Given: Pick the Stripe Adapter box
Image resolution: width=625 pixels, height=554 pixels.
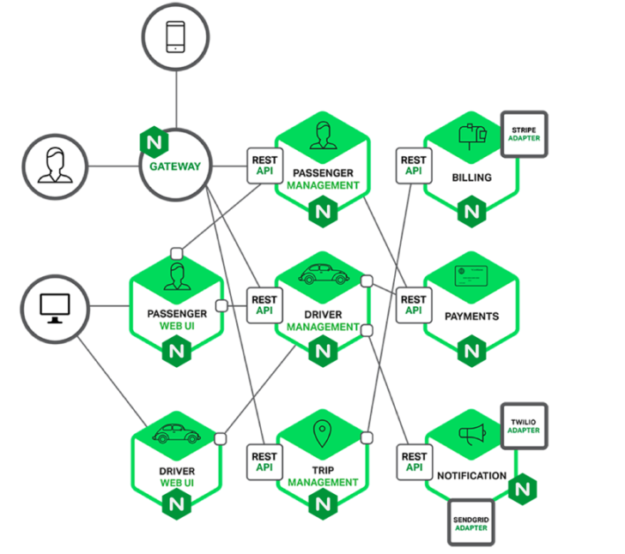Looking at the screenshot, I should click(523, 134).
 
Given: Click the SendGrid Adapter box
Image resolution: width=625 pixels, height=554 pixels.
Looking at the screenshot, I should click(471, 522).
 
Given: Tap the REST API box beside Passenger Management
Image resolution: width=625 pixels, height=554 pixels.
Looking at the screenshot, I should click(264, 165).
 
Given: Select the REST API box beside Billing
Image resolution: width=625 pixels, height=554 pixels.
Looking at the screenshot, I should click(413, 165).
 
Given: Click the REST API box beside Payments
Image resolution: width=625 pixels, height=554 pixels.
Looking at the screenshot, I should click(413, 304).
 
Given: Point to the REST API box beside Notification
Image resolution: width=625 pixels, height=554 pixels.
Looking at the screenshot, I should click(413, 461).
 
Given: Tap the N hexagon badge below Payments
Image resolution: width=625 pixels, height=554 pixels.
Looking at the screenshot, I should click(471, 351).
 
